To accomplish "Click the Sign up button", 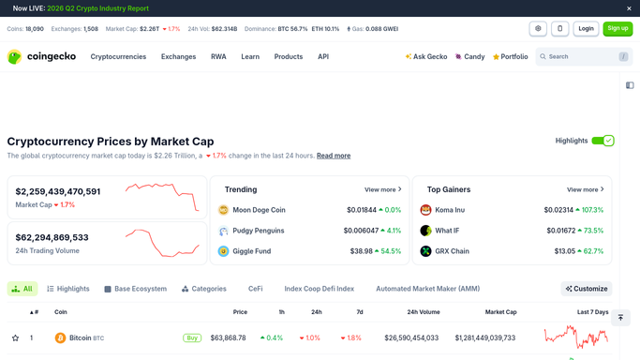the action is pos(618,28).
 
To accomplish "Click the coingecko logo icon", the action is pos(14,57).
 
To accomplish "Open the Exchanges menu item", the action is pos(178,57).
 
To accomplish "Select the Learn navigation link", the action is pos(250,57).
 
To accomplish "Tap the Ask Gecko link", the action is pos(426,57).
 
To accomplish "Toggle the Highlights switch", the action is pos(603,141).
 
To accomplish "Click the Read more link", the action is pos(334,156).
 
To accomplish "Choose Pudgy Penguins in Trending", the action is pos(259,231).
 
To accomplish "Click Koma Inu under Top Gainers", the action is pos(450,210).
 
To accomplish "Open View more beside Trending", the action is pos(383,189).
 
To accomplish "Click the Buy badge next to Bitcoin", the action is pos(192,337).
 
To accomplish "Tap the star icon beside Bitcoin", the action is pos(16,337).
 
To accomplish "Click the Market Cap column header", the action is pos(500,312).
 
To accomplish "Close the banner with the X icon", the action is pos(629,8).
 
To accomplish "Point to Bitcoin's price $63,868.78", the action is pos(228,337).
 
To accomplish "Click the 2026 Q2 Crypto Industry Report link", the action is pos(98,8).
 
